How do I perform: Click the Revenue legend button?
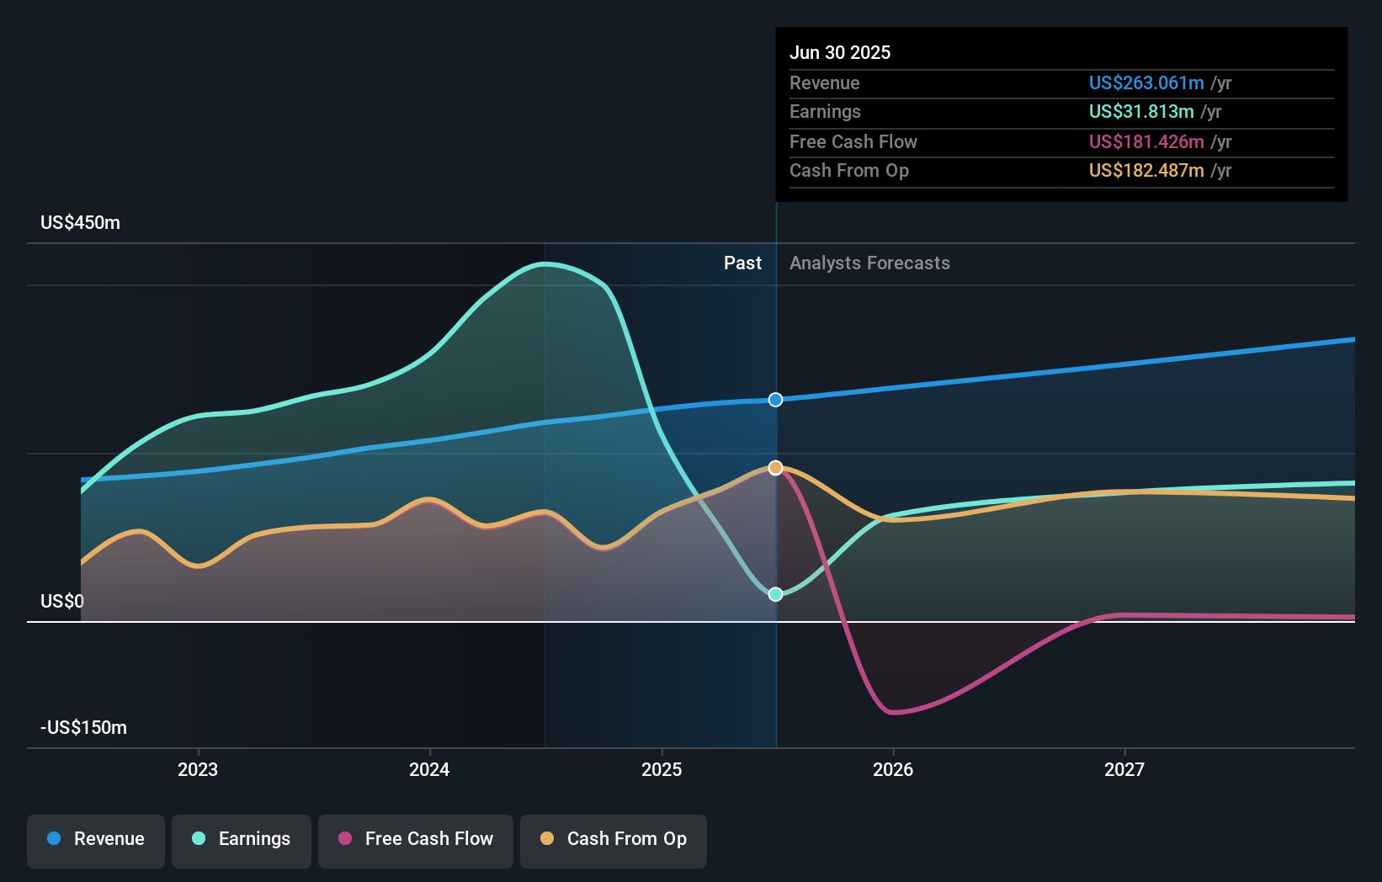pos(96,839)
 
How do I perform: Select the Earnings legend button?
pos(242,839)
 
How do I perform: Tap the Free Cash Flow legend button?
pos(416,839)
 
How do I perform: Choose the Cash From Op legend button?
pos(614,839)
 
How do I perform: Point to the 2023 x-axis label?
pos(198,769)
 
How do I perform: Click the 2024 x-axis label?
pos(429,769)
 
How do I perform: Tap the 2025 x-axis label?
pos(662,769)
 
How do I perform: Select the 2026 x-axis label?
pos(893,769)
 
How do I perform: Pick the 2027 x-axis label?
pos(1124,769)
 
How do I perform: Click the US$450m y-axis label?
pos(80,222)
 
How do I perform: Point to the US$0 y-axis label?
pos(62,601)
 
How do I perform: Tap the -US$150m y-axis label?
pos(83,727)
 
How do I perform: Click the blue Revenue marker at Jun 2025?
pos(776,400)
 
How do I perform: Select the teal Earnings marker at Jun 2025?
pos(776,594)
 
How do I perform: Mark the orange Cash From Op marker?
pos(776,468)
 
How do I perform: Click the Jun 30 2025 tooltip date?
pos(839,52)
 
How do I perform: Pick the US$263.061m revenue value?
pos(1145,82)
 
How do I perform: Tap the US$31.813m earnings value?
pos(1140,111)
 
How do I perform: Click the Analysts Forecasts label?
pos(869,263)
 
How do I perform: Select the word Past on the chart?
pos(742,263)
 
